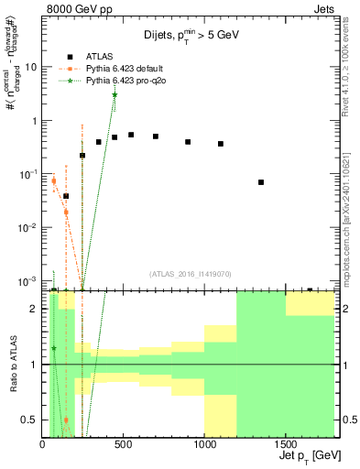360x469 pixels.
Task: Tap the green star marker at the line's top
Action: coord(115,95)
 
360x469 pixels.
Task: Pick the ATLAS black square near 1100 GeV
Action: coord(221,144)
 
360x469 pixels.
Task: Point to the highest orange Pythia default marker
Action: coord(54,180)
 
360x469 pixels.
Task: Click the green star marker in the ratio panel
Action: coord(54,348)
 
